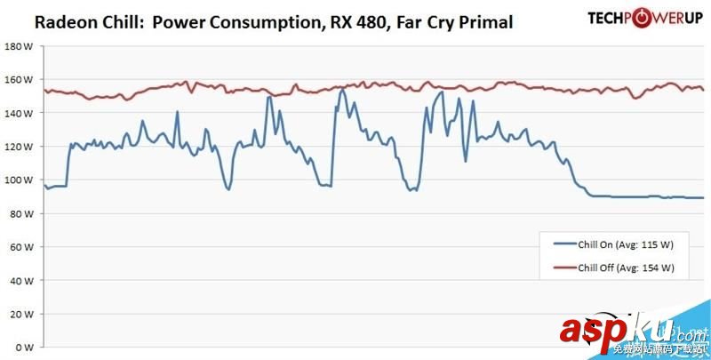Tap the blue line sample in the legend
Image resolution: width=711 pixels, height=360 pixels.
563,243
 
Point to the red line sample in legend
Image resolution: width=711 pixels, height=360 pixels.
563,268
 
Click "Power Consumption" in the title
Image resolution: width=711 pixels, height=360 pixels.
239,21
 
